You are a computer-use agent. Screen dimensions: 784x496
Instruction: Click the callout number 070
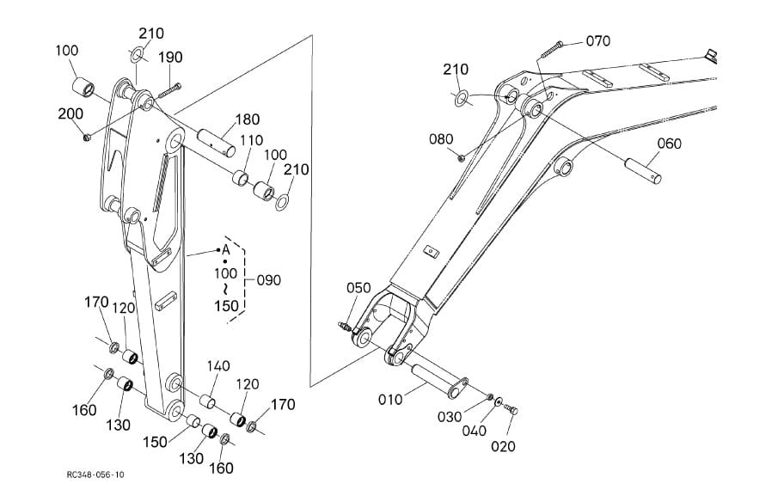pyautogui.click(x=598, y=40)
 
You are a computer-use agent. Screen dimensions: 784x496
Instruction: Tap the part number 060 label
pyautogui.click(x=669, y=144)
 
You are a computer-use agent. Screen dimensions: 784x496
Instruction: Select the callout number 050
pyautogui.click(x=358, y=287)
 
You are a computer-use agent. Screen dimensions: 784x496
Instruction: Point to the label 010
pyautogui.click(x=390, y=400)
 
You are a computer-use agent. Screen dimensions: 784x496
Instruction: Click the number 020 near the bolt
pyautogui.click(x=503, y=446)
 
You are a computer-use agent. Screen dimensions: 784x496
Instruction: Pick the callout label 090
pyautogui.click(x=268, y=280)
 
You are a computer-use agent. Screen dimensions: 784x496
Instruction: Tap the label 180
pyautogui.click(x=248, y=119)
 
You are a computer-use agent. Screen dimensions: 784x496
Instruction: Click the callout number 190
pyautogui.click(x=170, y=58)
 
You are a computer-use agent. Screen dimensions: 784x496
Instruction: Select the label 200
pyautogui.click(x=70, y=114)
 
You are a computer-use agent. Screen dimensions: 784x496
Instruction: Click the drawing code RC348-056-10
pyautogui.click(x=95, y=475)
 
